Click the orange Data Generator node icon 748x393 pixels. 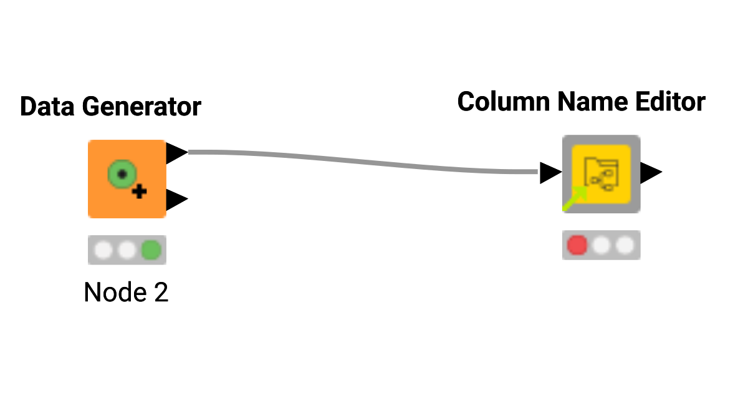coord(127,179)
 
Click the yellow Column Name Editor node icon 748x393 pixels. coord(601,174)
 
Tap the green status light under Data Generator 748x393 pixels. coord(150,250)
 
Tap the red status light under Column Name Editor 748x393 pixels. coord(577,245)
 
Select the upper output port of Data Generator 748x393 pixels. coord(176,152)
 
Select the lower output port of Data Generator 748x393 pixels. coord(176,200)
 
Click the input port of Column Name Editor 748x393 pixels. coord(550,173)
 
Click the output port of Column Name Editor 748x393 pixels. coord(651,173)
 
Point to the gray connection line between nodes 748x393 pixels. coord(362,160)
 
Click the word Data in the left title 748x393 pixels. coord(47,107)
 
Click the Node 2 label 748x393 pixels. coord(126,292)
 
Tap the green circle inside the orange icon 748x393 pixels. coord(122,173)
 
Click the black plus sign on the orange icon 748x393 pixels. coord(140,192)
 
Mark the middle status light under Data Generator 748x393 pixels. coord(127,250)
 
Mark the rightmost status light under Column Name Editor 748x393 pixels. coord(625,245)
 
